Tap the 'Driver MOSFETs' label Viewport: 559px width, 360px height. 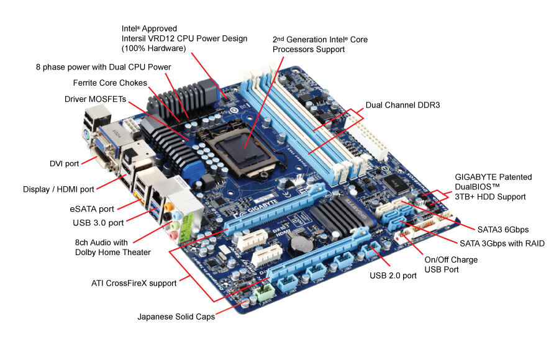tap(95, 99)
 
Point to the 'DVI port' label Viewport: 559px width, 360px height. tap(64, 163)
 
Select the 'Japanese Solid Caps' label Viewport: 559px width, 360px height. tap(176, 317)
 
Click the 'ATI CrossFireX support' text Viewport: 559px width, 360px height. tap(134, 283)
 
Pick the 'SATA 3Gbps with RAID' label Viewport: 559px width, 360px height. tap(502, 243)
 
